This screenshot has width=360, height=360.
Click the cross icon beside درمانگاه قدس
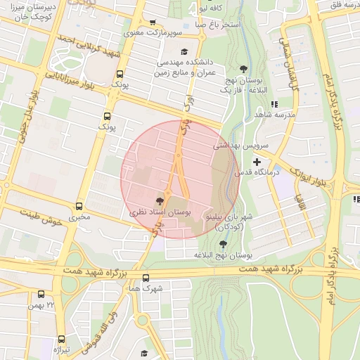click(257, 162)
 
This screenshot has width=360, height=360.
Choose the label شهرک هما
click(146, 288)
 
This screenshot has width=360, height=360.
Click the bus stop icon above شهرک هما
click(146, 278)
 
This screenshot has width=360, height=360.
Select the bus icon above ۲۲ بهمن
click(41, 295)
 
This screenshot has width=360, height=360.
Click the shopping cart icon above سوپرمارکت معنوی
click(153, 23)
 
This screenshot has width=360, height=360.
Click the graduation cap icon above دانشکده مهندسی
click(185, 51)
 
